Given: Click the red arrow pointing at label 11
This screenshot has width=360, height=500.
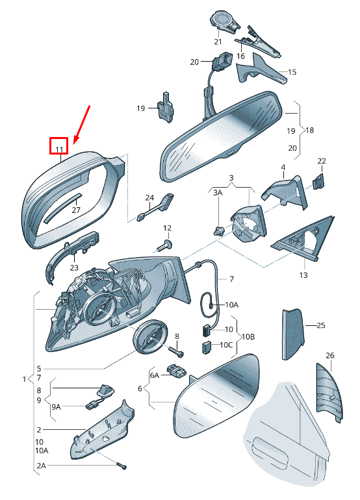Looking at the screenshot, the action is click(x=82, y=125).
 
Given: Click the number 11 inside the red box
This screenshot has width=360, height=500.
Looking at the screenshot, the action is click(x=60, y=149).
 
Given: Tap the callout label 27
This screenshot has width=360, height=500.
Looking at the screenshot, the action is click(x=76, y=210).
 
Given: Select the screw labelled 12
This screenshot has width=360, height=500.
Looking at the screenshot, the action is click(x=164, y=246).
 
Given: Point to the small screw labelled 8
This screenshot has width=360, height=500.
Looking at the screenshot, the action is click(x=176, y=352).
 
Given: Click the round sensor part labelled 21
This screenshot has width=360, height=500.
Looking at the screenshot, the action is click(x=224, y=21).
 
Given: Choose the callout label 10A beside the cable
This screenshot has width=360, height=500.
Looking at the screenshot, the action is click(x=231, y=305).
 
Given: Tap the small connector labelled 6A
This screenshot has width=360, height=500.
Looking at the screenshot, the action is click(x=176, y=371).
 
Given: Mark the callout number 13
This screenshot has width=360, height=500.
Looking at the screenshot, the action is click(x=303, y=275).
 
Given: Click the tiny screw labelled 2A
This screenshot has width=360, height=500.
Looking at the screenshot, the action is click(x=122, y=466).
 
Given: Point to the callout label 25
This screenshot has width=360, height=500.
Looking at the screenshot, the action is click(x=321, y=325).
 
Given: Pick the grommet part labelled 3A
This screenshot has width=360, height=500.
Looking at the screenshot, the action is click(x=218, y=230).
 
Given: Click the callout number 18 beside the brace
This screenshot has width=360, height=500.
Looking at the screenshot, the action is click(x=309, y=130).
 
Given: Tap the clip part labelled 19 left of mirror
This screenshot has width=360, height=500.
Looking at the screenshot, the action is click(x=166, y=107).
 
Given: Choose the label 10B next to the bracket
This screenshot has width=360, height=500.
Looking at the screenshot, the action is click(x=248, y=336).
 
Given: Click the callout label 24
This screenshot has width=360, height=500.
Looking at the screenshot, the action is click(x=149, y=197).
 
